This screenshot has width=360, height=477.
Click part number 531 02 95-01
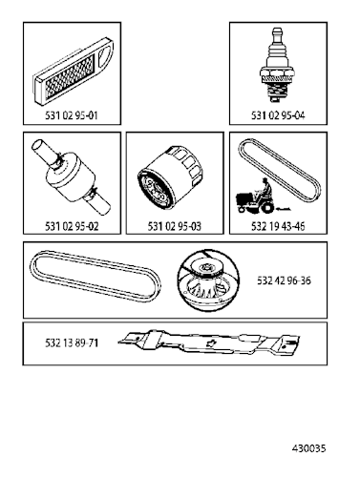(x=72, y=115)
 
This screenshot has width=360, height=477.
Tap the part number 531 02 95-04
(x=278, y=115)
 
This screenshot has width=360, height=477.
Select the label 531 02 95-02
(x=72, y=226)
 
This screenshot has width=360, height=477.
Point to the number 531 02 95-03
(x=175, y=226)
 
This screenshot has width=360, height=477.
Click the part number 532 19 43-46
(x=278, y=226)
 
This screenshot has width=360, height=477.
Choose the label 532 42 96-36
(x=284, y=280)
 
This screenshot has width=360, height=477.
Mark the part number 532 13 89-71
(x=72, y=342)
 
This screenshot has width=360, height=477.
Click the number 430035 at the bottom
(x=308, y=448)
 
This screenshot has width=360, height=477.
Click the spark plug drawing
(x=276, y=65)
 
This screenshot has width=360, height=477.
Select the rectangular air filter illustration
(x=73, y=71)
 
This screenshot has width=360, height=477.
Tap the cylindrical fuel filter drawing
(x=71, y=176)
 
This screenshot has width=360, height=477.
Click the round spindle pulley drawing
(x=208, y=280)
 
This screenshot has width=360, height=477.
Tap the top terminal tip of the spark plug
(x=276, y=30)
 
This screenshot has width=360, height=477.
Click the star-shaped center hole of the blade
(x=210, y=342)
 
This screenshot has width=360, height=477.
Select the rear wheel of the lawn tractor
(x=267, y=208)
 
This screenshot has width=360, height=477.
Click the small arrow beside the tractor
(x=284, y=209)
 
